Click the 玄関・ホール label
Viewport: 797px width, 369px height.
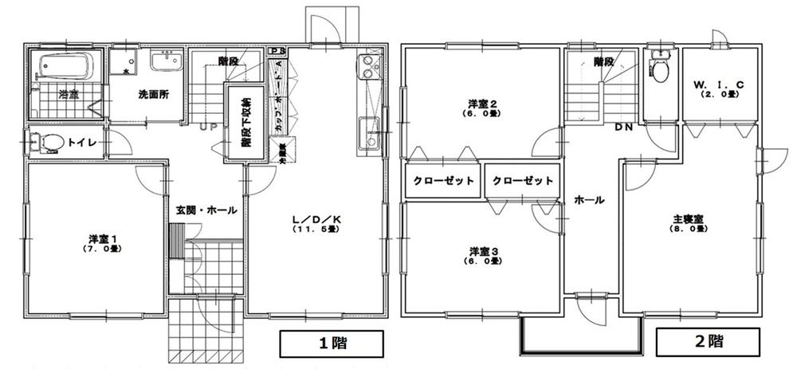coord(206,210)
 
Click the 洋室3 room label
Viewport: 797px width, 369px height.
coord(482,255)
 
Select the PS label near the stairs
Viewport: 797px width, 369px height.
coord(276,52)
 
